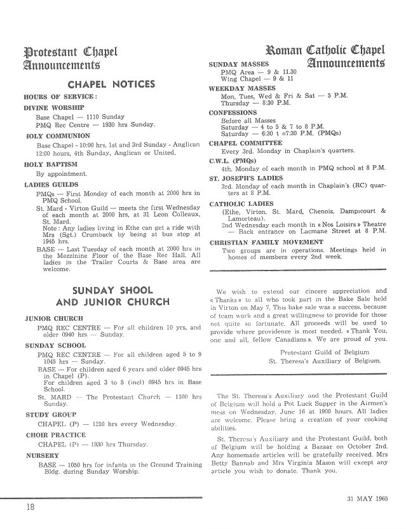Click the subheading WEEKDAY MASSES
[242, 88]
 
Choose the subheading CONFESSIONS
[233, 112]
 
